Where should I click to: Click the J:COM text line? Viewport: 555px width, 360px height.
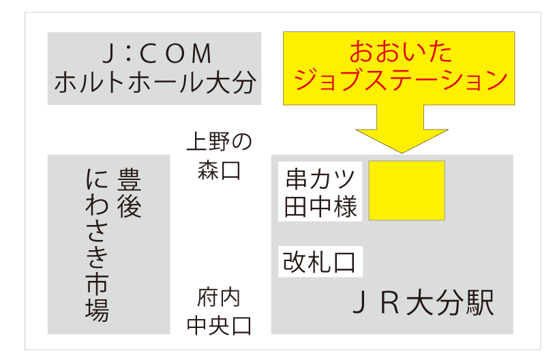[154, 55]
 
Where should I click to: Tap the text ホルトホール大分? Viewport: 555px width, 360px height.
[154, 83]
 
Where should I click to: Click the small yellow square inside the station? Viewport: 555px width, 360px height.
[406, 191]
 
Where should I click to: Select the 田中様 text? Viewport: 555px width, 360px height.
[320, 207]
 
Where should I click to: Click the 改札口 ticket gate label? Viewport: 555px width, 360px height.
[320, 261]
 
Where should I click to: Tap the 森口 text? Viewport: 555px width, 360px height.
[219, 170]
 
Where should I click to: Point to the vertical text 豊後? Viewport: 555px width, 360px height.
[129, 193]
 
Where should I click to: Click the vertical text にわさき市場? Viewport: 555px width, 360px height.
[97, 245]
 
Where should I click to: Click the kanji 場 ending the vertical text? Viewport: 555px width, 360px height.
[97, 311]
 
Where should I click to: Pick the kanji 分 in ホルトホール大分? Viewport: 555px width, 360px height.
[241, 83]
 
